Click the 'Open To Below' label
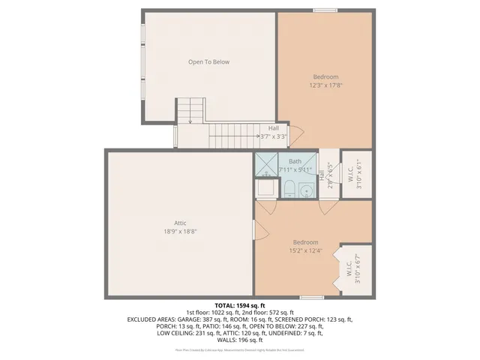coord(208,62)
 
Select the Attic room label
coord(180,223)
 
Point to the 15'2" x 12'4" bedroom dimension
coord(306,250)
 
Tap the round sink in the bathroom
coord(306,191)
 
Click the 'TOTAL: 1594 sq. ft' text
coord(240,306)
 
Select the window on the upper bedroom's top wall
coord(325,10)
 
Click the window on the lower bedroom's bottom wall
coord(312,297)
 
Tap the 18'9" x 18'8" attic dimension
coord(180,232)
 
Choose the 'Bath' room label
coord(295,161)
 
